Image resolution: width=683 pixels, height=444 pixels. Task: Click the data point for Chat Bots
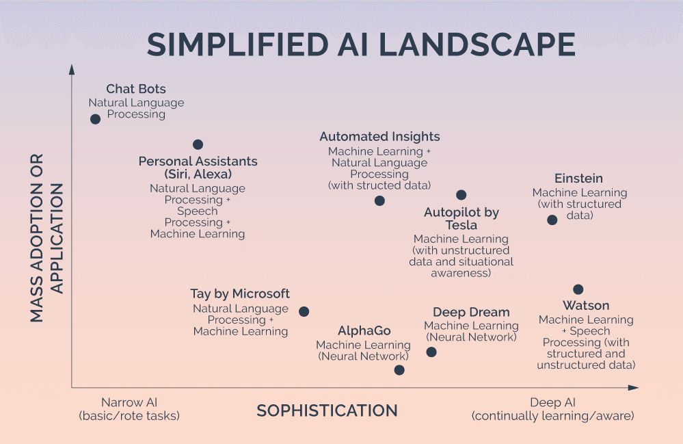click(95, 118)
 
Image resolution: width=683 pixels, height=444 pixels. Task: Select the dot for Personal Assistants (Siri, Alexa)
click(198, 144)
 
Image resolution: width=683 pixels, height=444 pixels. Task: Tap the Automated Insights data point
click(379, 200)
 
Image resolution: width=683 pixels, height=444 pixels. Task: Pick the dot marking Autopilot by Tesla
click(461, 195)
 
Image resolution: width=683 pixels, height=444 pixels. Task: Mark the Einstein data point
click(552, 220)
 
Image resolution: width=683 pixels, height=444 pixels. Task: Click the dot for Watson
click(578, 289)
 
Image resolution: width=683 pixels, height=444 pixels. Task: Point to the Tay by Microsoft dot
click(304, 311)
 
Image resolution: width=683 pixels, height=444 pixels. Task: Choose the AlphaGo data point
click(399, 370)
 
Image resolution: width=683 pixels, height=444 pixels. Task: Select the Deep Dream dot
click(431, 352)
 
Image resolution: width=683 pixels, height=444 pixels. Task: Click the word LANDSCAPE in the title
click(477, 44)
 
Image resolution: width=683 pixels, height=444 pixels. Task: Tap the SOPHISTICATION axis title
click(327, 410)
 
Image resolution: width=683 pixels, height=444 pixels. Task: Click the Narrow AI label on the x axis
click(129, 403)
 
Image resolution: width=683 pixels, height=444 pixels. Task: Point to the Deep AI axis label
click(552, 403)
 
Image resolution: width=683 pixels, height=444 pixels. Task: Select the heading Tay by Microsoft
click(240, 294)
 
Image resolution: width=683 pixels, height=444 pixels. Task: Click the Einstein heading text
click(578, 179)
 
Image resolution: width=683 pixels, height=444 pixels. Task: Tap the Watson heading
click(586, 305)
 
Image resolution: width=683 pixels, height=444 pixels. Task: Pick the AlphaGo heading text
click(364, 331)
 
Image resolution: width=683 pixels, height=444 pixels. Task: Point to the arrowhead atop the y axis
click(72, 69)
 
